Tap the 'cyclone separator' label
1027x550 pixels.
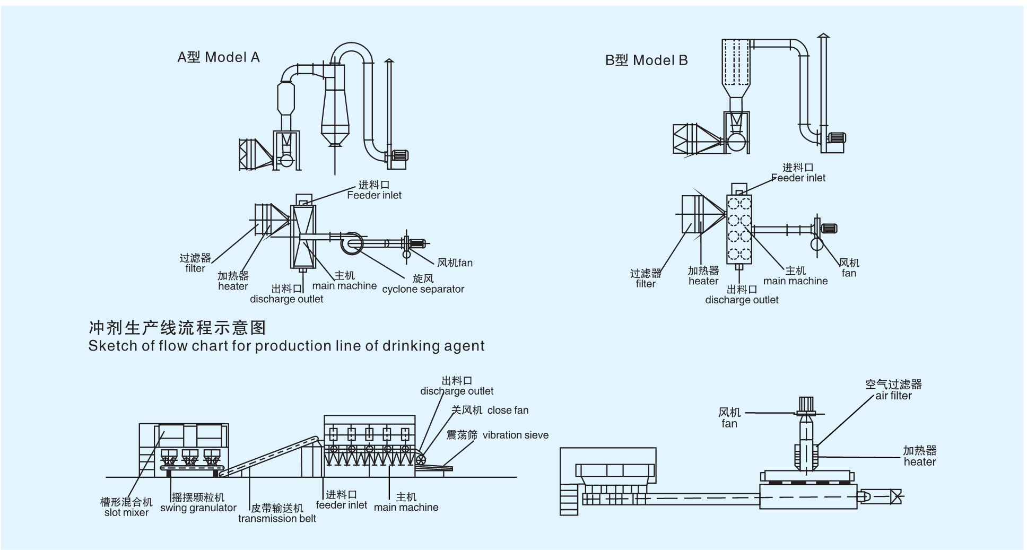(423, 289)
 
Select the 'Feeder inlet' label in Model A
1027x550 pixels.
(374, 195)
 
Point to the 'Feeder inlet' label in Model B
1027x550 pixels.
(798, 178)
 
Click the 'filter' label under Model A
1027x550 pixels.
(195, 268)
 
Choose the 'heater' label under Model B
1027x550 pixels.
(703, 281)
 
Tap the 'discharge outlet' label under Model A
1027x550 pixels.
(286, 299)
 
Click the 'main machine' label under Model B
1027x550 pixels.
(795, 281)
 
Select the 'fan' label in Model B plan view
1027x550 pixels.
(849, 273)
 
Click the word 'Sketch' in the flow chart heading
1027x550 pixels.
(107, 346)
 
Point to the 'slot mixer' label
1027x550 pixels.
(126, 513)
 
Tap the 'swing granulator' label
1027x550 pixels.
(198, 508)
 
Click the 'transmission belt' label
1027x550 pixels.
(277, 519)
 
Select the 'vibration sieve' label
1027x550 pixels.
(515, 435)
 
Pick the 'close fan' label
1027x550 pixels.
(508, 411)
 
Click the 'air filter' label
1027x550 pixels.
(893, 396)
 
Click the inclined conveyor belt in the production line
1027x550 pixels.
(271, 456)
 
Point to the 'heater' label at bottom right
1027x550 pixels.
(920, 462)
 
